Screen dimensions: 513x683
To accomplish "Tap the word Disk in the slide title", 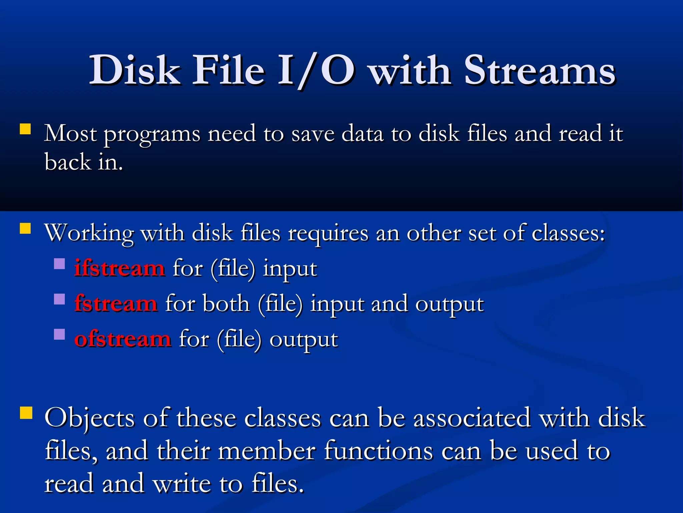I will tap(135, 71).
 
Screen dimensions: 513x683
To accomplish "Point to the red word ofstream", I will tap(123, 339).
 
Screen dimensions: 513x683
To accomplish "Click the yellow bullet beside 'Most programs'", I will tap(25, 129).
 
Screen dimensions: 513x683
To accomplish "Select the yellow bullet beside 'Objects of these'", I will tap(26, 413).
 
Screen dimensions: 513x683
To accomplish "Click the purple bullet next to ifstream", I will tap(59, 264).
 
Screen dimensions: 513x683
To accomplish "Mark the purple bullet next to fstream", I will tap(59, 299).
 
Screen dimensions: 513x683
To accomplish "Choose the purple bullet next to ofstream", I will tap(59, 334).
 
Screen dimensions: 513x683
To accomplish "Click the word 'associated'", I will tap(472, 418).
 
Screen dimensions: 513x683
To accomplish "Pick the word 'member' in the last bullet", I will tap(267, 451).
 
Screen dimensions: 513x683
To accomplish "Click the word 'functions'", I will tap(379, 451).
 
